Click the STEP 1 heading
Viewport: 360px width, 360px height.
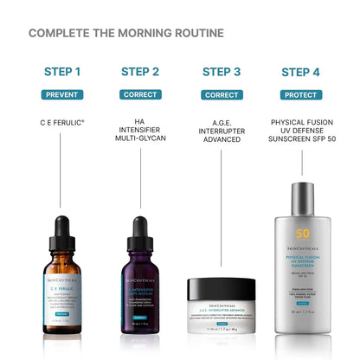[x=62, y=71]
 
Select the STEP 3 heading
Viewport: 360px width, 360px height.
[x=222, y=71]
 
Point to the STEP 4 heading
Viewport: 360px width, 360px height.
[x=299, y=71]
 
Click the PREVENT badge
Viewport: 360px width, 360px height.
[x=62, y=93]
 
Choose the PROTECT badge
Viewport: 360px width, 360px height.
[x=299, y=93]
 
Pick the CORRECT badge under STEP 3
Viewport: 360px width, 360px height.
[x=222, y=93]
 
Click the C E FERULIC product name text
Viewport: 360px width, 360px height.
[x=62, y=123]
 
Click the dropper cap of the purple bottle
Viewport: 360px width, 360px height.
[x=144, y=227]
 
